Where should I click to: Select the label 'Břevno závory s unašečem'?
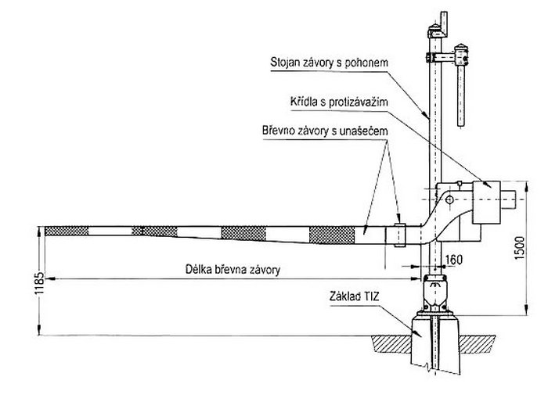click(323, 135)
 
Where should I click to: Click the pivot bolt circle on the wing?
click(449, 199)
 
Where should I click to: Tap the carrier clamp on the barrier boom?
click(399, 233)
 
